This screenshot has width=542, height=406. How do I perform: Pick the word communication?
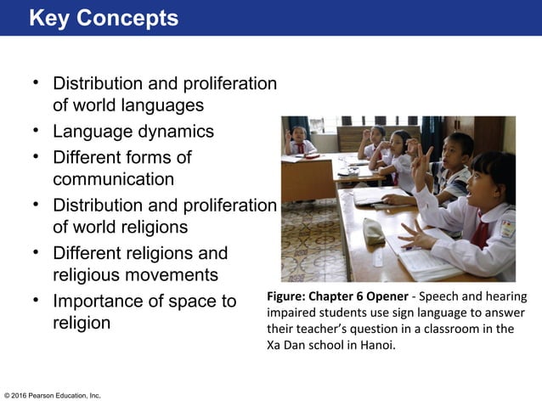pos(113,179)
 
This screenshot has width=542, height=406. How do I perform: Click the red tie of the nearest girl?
pos(481,232)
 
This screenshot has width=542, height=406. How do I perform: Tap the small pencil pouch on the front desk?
pos(374,229)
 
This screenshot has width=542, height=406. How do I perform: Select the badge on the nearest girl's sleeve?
pos(507,228)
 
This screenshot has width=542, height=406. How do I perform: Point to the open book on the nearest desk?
pos(425,259)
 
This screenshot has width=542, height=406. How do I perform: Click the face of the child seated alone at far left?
pos(298,135)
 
